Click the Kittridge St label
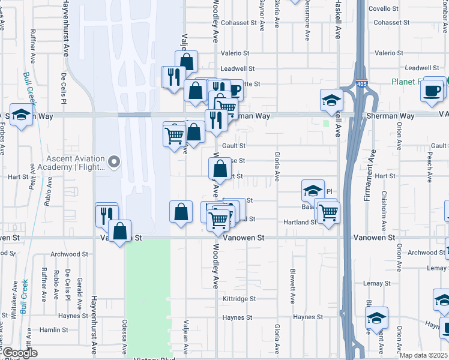pos(239,298)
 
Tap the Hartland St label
pos(300,222)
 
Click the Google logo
pos(19,353)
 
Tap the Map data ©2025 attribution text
pos(422,355)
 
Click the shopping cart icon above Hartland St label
pos(328,211)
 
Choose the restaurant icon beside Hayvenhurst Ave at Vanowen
pos(106,214)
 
